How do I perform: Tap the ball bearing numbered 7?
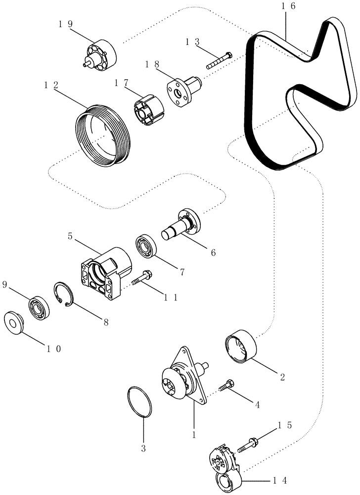pyautogui.click(x=146, y=247)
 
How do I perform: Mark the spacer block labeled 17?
pyautogui.click(x=149, y=106)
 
